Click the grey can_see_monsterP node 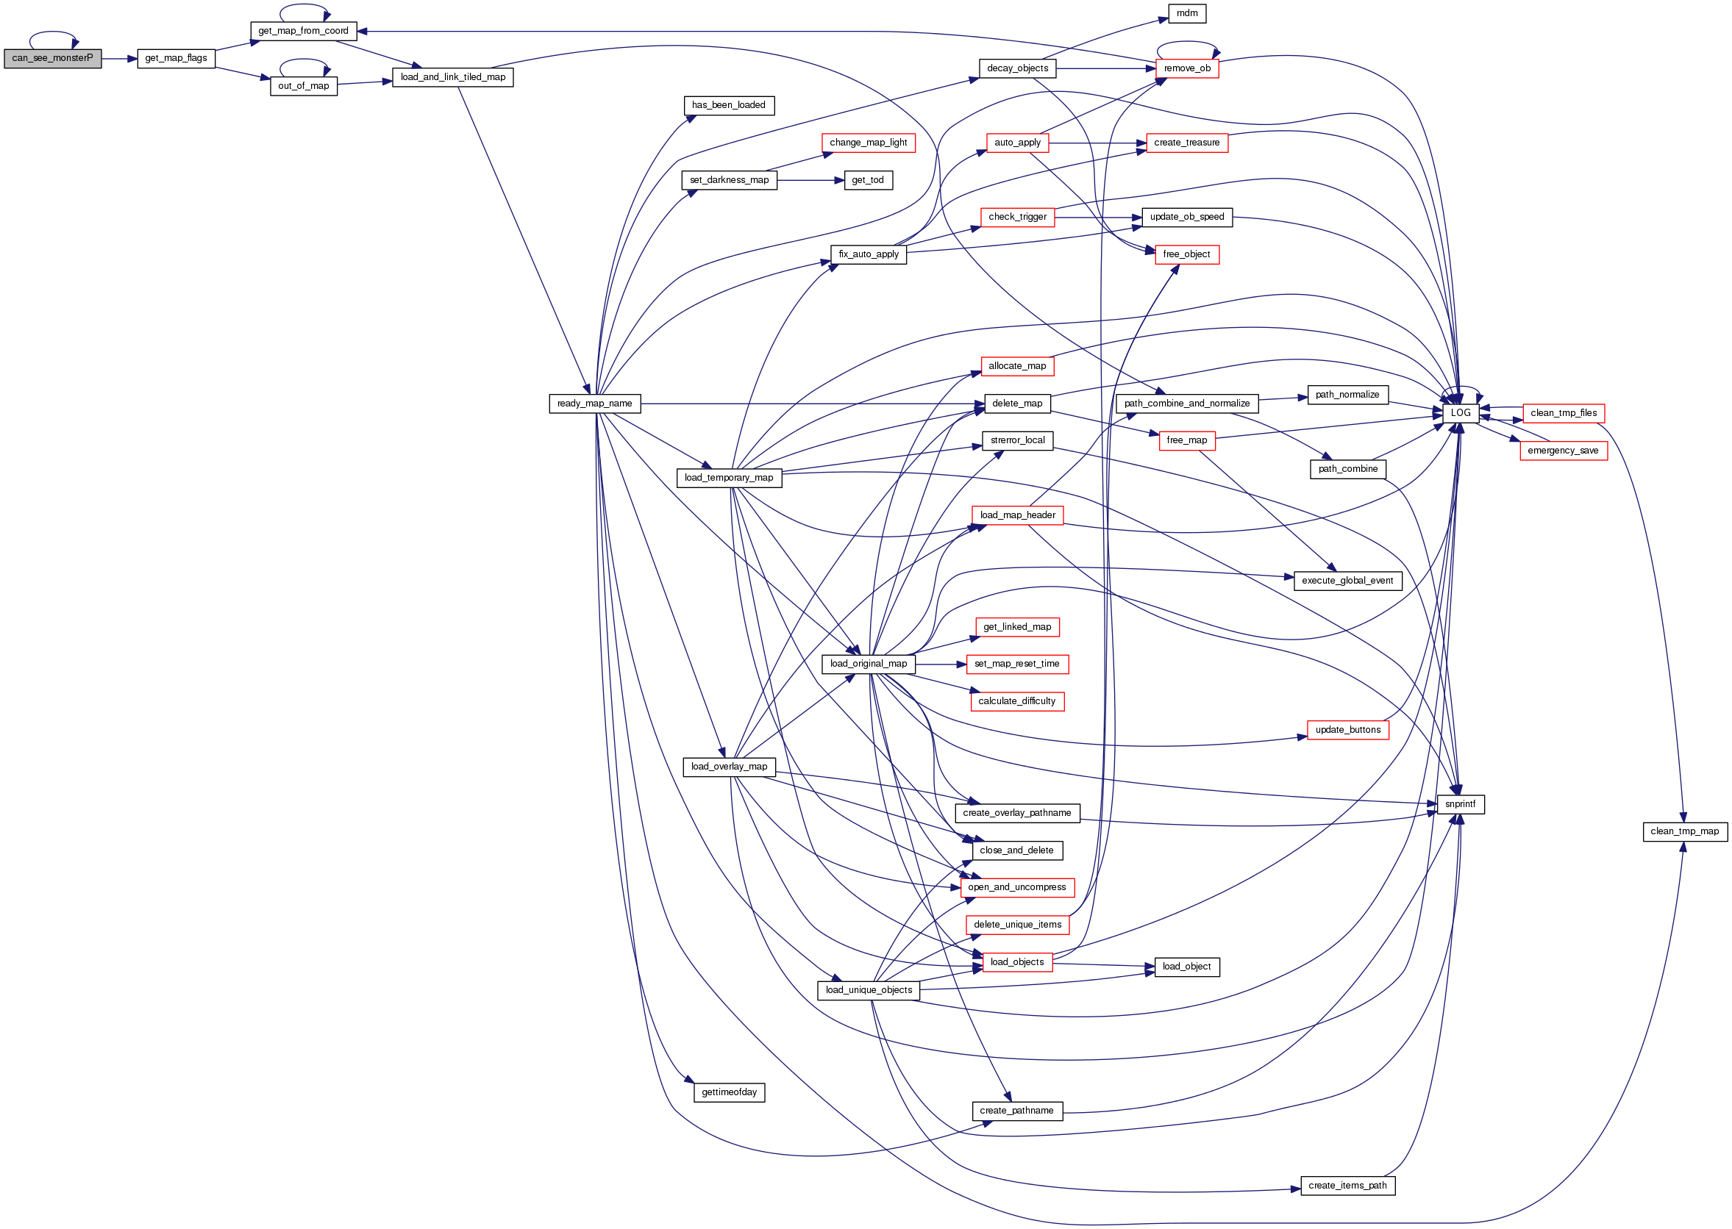(x=52, y=58)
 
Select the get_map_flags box (x=176, y=58)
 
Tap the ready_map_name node (x=594, y=404)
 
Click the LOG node (x=1459, y=413)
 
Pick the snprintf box (x=1459, y=803)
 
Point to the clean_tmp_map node (x=1684, y=831)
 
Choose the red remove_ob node (x=1186, y=68)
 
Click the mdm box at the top (x=1186, y=13)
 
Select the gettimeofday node (x=728, y=1092)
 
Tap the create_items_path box (x=1347, y=1185)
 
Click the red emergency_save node (x=1562, y=451)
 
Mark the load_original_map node (x=868, y=664)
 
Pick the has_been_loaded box (x=728, y=105)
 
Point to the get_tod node (x=868, y=180)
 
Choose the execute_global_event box (x=1347, y=581)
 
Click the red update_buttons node (x=1347, y=729)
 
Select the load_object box (x=1186, y=967)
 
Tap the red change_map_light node (x=868, y=143)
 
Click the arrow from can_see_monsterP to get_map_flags (x=119, y=58)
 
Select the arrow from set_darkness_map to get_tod (x=810, y=180)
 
